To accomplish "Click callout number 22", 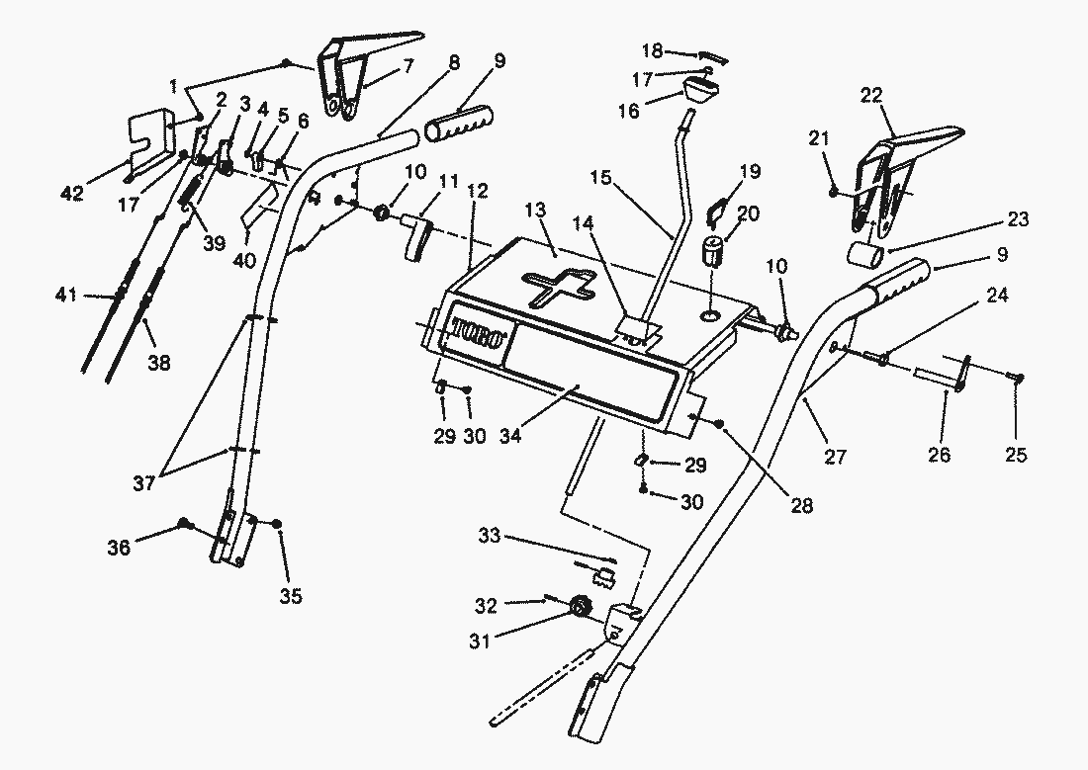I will pos(871,96).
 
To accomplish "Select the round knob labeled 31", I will pos(581,607).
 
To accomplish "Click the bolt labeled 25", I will pos(1016,378).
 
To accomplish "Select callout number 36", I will pos(119,547).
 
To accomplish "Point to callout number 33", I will pos(490,535).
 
